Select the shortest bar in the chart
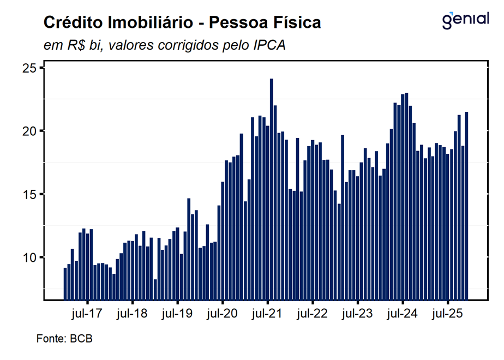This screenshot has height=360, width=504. (x=155, y=289)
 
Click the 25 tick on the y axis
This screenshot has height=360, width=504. (x=29, y=68)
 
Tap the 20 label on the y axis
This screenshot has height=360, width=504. (x=29, y=131)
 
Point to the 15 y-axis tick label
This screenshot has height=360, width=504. (x=29, y=194)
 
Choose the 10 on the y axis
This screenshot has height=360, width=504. (x=29, y=257)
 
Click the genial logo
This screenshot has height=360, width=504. (x=465, y=20)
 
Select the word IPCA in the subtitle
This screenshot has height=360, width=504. (x=269, y=45)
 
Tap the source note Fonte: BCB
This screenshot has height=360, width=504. (x=64, y=339)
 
